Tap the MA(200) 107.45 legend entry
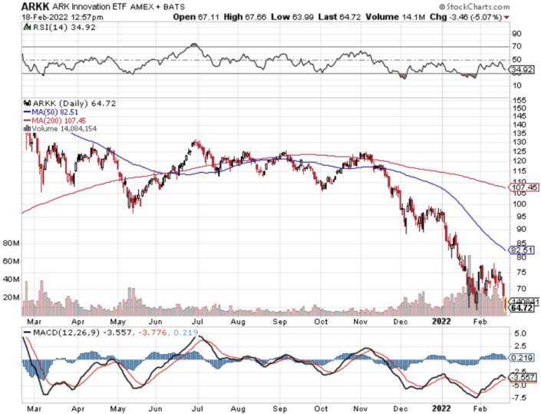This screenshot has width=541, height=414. [60, 120]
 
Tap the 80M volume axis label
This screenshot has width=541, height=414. [11, 244]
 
